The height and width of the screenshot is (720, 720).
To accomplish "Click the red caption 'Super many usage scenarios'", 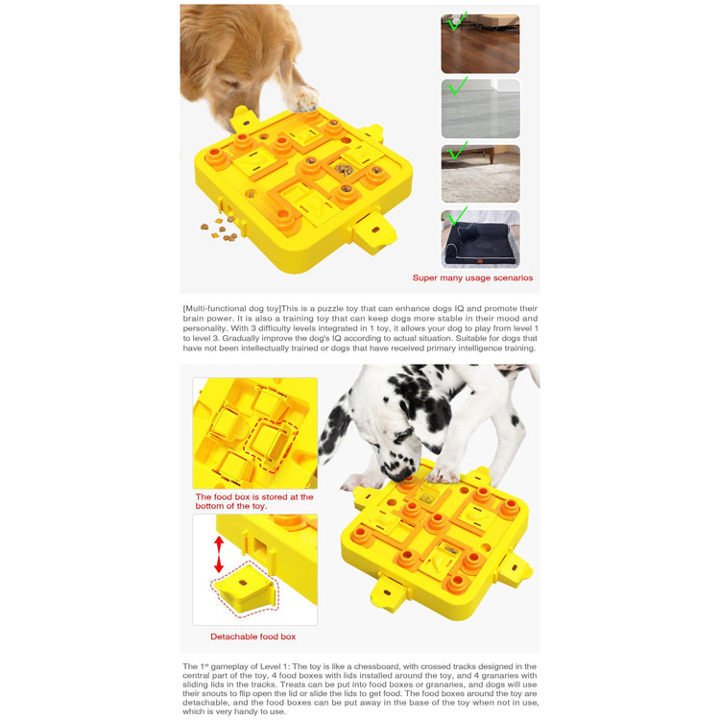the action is click(x=472, y=277).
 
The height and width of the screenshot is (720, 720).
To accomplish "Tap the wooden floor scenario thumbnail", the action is click(x=480, y=43).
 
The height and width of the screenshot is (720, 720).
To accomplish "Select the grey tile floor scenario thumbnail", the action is click(x=480, y=108).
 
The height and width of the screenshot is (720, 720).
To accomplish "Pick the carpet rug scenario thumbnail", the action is click(x=480, y=174).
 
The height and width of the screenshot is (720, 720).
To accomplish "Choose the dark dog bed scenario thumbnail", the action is click(x=480, y=239).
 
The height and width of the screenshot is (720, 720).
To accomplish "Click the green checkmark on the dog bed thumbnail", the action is click(x=456, y=217).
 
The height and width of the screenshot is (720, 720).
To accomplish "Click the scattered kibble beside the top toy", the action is click(x=219, y=229).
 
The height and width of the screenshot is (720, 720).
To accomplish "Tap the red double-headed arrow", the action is click(x=219, y=554).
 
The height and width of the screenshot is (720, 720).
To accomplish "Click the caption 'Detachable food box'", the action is click(x=253, y=636).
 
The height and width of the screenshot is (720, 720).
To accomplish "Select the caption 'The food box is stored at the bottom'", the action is click(x=254, y=501).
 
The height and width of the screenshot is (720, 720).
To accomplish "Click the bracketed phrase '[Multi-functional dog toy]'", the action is click(x=232, y=308).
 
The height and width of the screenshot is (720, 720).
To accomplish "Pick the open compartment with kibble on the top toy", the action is click(x=344, y=169).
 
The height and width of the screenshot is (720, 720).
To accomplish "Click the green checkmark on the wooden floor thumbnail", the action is click(x=456, y=21).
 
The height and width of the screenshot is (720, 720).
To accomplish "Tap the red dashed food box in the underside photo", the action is click(x=271, y=444).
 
